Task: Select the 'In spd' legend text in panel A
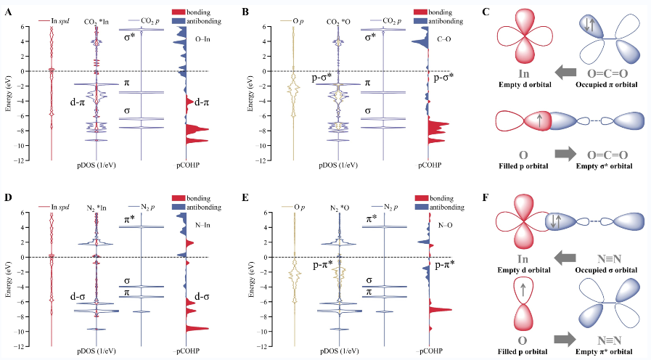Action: (x=65, y=22)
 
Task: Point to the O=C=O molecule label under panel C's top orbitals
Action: (x=607, y=72)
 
